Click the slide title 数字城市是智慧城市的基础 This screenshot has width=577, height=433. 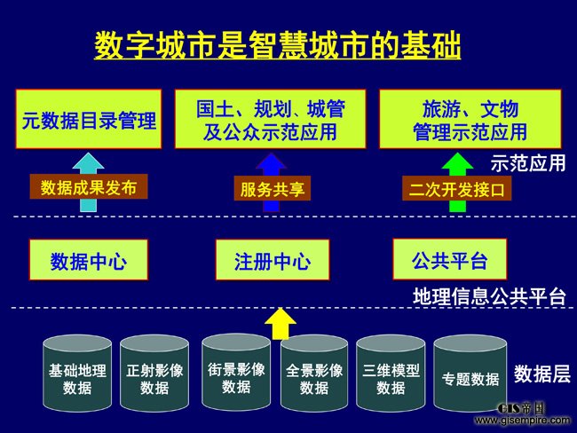pyautogui.click(x=278, y=45)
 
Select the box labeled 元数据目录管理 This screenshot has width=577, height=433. pyautogui.click(x=88, y=119)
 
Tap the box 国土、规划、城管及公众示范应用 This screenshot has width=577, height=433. pyautogui.click(x=270, y=119)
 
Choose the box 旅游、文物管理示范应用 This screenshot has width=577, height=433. pyautogui.click(x=470, y=119)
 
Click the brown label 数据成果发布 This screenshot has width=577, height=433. pyautogui.click(x=89, y=187)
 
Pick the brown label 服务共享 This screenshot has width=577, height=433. pyautogui.click(x=273, y=188)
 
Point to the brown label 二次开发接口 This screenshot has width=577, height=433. pyautogui.click(x=456, y=188)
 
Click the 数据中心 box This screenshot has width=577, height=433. pyautogui.click(x=88, y=260)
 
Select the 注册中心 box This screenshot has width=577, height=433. pyautogui.click(x=273, y=260)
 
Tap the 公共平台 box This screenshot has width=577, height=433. pyautogui.click(x=450, y=259)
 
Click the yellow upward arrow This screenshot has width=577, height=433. pyautogui.click(x=281, y=324)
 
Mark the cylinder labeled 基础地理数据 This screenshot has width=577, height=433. pyautogui.click(x=77, y=374)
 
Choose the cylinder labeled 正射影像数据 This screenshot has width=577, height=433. pyautogui.click(x=154, y=374)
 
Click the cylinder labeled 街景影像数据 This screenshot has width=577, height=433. pyautogui.click(x=236, y=373)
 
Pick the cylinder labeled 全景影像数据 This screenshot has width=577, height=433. pyautogui.click(x=314, y=374)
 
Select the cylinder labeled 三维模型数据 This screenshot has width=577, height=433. pyautogui.click(x=391, y=374)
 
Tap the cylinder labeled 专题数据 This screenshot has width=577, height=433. pyautogui.click(x=470, y=374)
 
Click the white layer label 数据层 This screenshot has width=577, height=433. pyautogui.click(x=542, y=374)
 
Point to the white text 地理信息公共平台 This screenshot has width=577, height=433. pyautogui.click(x=489, y=296)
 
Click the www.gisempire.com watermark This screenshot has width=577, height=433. pyautogui.click(x=523, y=420)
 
